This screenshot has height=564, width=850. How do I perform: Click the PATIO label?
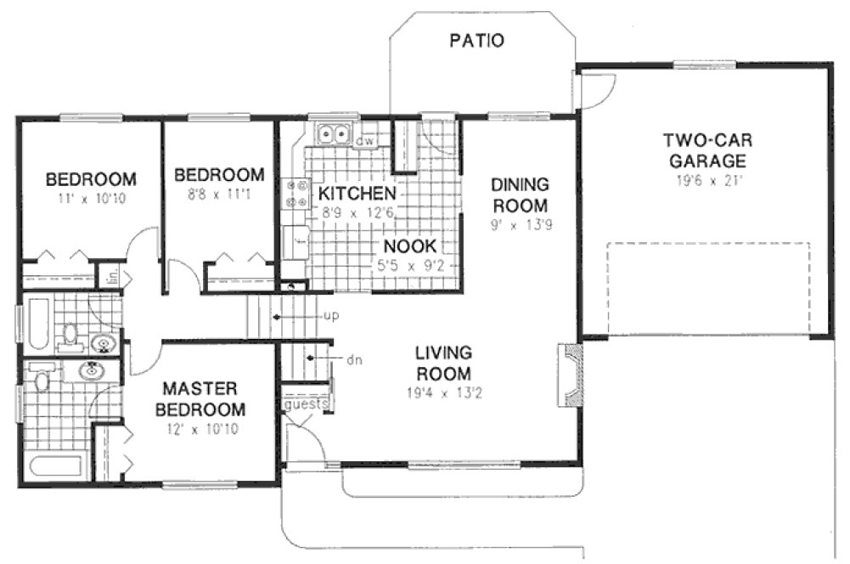point(476,40)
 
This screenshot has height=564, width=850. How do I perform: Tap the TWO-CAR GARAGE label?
point(706,150)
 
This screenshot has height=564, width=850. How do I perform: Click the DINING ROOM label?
point(520,195)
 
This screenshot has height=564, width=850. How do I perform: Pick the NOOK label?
point(409,245)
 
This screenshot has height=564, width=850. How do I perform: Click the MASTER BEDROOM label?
point(200,398)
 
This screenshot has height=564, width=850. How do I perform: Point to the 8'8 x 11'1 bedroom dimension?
point(218,195)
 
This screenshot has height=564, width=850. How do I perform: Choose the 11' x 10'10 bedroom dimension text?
point(90,200)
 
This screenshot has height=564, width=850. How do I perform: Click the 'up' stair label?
point(332,316)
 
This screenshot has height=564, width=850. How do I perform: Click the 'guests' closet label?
point(307,404)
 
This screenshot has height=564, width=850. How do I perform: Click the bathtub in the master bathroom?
point(54,465)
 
